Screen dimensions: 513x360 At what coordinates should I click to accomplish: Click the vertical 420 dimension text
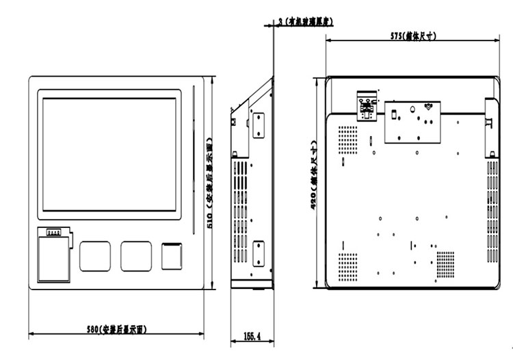pos(314,179)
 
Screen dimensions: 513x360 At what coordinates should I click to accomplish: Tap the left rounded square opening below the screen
pos(94,255)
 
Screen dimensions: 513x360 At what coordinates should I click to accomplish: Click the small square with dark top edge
pos(171,255)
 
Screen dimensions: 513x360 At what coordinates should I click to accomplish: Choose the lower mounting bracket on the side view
pos(259,254)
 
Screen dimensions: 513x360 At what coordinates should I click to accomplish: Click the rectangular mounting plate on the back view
pos(411,121)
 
